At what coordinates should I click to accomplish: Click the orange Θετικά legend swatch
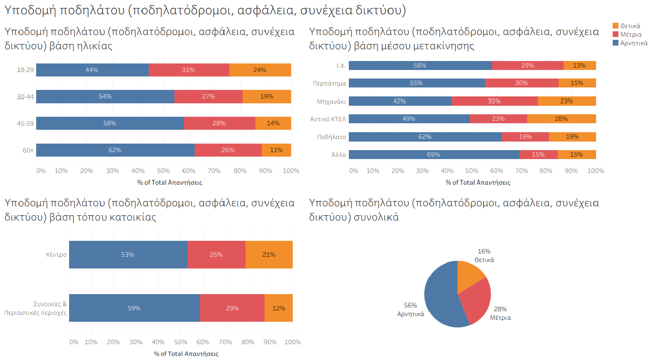[616, 26]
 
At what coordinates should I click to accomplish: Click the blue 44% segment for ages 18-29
[92, 70]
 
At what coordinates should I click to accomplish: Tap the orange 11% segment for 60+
[276, 150]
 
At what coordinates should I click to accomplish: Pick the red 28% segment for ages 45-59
[219, 123]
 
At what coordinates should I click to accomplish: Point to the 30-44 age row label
[25, 97]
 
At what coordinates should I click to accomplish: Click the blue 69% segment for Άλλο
[434, 155]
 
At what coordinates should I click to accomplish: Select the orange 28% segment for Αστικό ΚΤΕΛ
[561, 119]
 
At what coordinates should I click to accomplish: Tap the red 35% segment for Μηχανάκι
[494, 101]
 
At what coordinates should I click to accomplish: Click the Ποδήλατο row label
[331, 137]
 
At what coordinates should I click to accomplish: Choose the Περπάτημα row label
[329, 83]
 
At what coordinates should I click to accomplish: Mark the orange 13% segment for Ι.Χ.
[579, 65]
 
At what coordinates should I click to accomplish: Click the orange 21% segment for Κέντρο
[269, 255]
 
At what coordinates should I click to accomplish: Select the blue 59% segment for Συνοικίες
[134, 308]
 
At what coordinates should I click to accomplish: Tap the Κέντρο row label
[56, 255]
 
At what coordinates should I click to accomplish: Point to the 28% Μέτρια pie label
[500, 313]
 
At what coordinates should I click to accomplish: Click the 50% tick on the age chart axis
[163, 171]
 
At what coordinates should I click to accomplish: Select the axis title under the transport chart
[478, 183]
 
